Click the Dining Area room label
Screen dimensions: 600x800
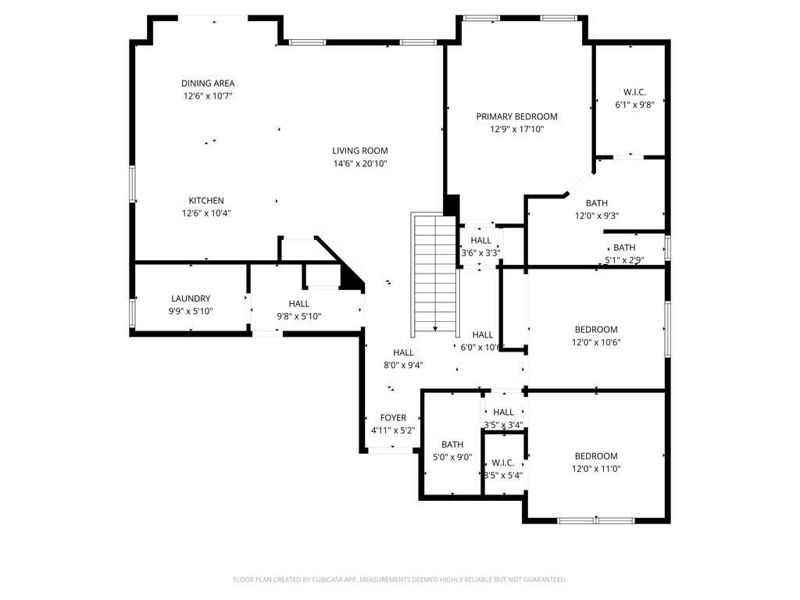[x=208, y=84]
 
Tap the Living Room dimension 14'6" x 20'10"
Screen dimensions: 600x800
[x=360, y=164]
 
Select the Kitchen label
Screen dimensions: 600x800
[x=206, y=201]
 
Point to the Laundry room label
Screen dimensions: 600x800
[x=191, y=298]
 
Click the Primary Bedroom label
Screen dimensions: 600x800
[x=517, y=116]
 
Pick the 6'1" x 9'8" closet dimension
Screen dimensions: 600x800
[x=634, y=104]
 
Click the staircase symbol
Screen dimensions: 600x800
[x=434, y=273]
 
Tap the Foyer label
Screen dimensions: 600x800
[x=393, y=418]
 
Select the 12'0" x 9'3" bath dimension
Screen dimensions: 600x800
[x=597, y=216]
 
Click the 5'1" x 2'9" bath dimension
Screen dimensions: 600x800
[x=624, y=260]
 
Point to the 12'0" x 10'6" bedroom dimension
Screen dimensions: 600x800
[x=596, y=342]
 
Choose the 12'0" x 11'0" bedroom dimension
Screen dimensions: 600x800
[x=596, y=469]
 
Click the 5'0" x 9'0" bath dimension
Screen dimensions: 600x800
[x=452, y=458]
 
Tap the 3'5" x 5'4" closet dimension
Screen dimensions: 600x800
[x=503, y=475]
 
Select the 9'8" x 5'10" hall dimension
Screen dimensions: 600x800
[x=299, y=316]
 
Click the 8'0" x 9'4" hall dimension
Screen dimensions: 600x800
[x=404, y=365]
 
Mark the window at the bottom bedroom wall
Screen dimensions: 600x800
[x=596, y=520]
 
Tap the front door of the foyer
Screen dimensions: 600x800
[x=391, y=450]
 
